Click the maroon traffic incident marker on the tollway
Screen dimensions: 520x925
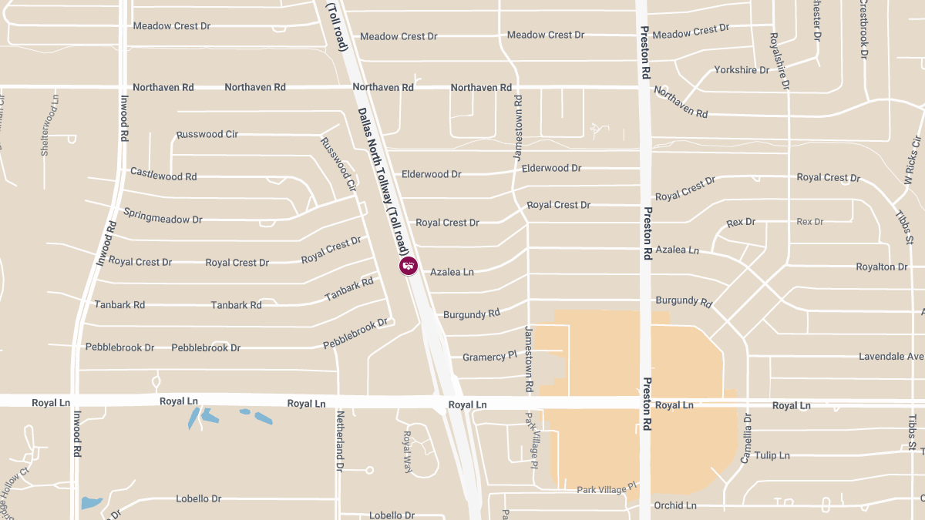click(x=408, y=266)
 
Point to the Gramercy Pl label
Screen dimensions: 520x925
click(x=489, y=357)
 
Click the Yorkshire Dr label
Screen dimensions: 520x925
click(x=742, y=70)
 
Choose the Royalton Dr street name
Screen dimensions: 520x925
click(x=882, y=267)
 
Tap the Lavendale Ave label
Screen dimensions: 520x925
click(x=891, y=357)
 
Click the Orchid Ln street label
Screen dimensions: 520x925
click(x=674, y=505)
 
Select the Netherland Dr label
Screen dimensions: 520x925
click(x=339, y=441)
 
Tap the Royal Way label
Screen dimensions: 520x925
click(x=408, y=451)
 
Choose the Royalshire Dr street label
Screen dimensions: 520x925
click(x=779, y=62)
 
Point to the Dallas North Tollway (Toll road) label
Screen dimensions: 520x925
click(x=382, y=181)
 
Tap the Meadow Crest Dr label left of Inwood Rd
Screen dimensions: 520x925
click(x=171, y=26)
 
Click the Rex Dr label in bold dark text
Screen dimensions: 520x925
click(x=741, y=222)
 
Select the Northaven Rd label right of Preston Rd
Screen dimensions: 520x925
click(x=681, y=102)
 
